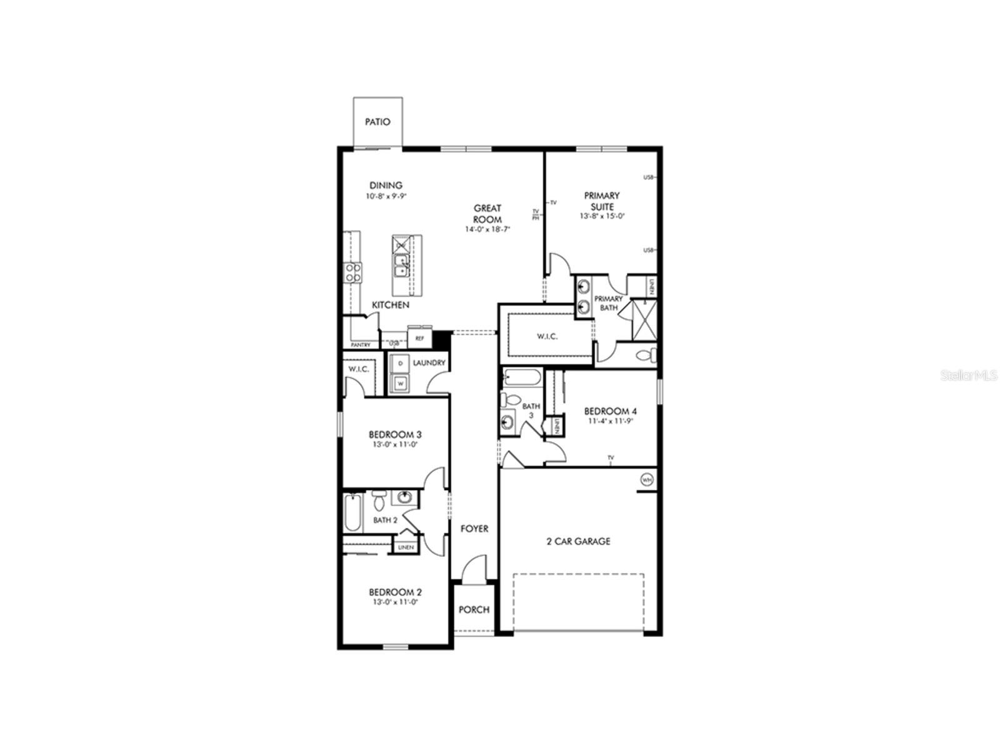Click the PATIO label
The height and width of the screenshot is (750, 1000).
click(x=377, y=122)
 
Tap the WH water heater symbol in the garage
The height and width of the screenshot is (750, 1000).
click(x=646, y=480)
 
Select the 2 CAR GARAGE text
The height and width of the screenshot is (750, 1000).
click(x=578, y=541)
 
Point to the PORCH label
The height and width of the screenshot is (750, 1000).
click(x=474, y=609)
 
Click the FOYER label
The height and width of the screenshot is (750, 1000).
click(x=474, y=529)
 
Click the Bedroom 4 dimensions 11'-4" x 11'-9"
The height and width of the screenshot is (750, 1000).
click(x=610, y=421)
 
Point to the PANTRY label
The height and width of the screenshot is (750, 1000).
click(x=361, y=345)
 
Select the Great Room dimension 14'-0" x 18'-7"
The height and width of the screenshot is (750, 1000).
click(x=487, y=229)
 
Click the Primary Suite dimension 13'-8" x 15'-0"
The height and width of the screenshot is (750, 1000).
click(x=602, y=216)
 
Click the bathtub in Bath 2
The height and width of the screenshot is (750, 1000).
click(x=352, y=513)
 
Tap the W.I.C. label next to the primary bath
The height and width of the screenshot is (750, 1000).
click(x=547, y=336)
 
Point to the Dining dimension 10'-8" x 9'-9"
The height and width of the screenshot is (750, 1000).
click(x=386, y=196)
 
